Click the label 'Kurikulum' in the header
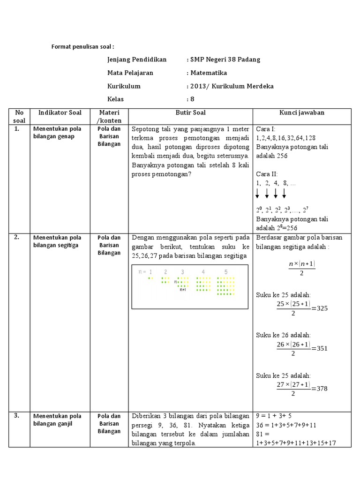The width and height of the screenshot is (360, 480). click(124, 86)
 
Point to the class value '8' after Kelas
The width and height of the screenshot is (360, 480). click(191, 99)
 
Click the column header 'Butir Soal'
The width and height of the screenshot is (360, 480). click(190, 112)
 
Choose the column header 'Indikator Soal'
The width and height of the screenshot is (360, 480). click(60, 112)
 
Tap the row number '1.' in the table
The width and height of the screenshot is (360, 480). click(17, 128)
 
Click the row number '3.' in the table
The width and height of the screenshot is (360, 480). click(17, 415)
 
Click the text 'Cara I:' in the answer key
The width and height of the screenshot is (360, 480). click(266, 129)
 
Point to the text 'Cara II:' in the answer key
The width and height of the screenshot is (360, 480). click(267, 173)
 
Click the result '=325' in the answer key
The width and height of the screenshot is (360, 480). click(322, 308)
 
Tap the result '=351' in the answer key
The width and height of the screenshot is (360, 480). click(322, 348)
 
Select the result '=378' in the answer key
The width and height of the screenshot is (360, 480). click(322, 388)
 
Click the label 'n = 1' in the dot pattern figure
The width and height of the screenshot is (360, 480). click(145, 271)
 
